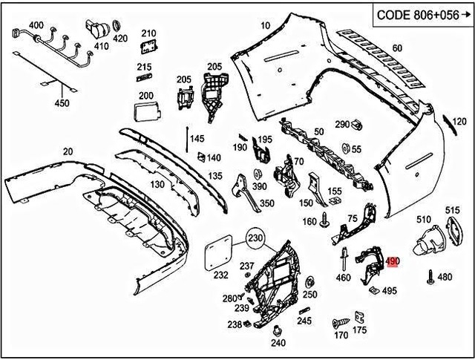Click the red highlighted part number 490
point(393,262)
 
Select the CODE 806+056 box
point(421,13)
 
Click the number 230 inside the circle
point(256,239)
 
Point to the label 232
point(221,275)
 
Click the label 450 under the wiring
point(62,102)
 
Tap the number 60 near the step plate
point(397,48)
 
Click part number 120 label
point(459,122)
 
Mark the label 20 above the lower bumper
point(68,151)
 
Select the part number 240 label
point(278,343)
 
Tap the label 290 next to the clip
point(341,124)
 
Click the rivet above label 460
point(345,260)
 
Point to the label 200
point(145,95)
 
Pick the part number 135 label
point(215,176)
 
